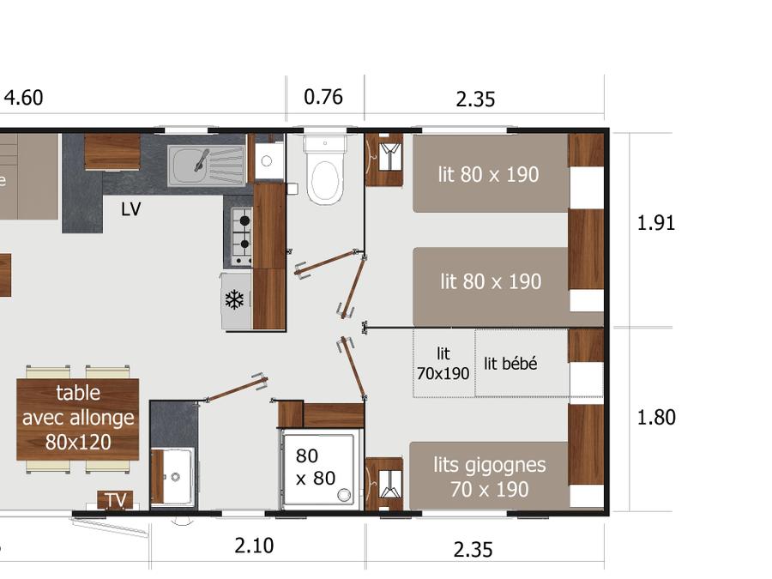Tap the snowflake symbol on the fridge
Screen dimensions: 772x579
tap(234, 300)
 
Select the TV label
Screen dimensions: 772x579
tap(116, 500)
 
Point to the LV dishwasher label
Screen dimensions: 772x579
tap(131, 209)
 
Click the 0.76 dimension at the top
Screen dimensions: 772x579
tap(323, 97)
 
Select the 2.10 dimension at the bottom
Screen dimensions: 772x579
tap(254, 546)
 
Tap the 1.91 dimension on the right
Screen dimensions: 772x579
tap(656, 223)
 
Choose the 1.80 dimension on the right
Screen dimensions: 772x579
tap(656, 418)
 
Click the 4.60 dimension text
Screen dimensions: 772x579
tap(24, 98)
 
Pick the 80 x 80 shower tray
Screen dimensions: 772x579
tap(318, 468)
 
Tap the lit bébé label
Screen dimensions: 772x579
tap(510, 364)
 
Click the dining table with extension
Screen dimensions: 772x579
tap(78, 419)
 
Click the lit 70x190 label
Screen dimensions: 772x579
tap(443, 364)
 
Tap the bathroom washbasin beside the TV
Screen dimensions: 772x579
tap(172, 476)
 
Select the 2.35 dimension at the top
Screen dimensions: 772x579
tap(475, 99)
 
